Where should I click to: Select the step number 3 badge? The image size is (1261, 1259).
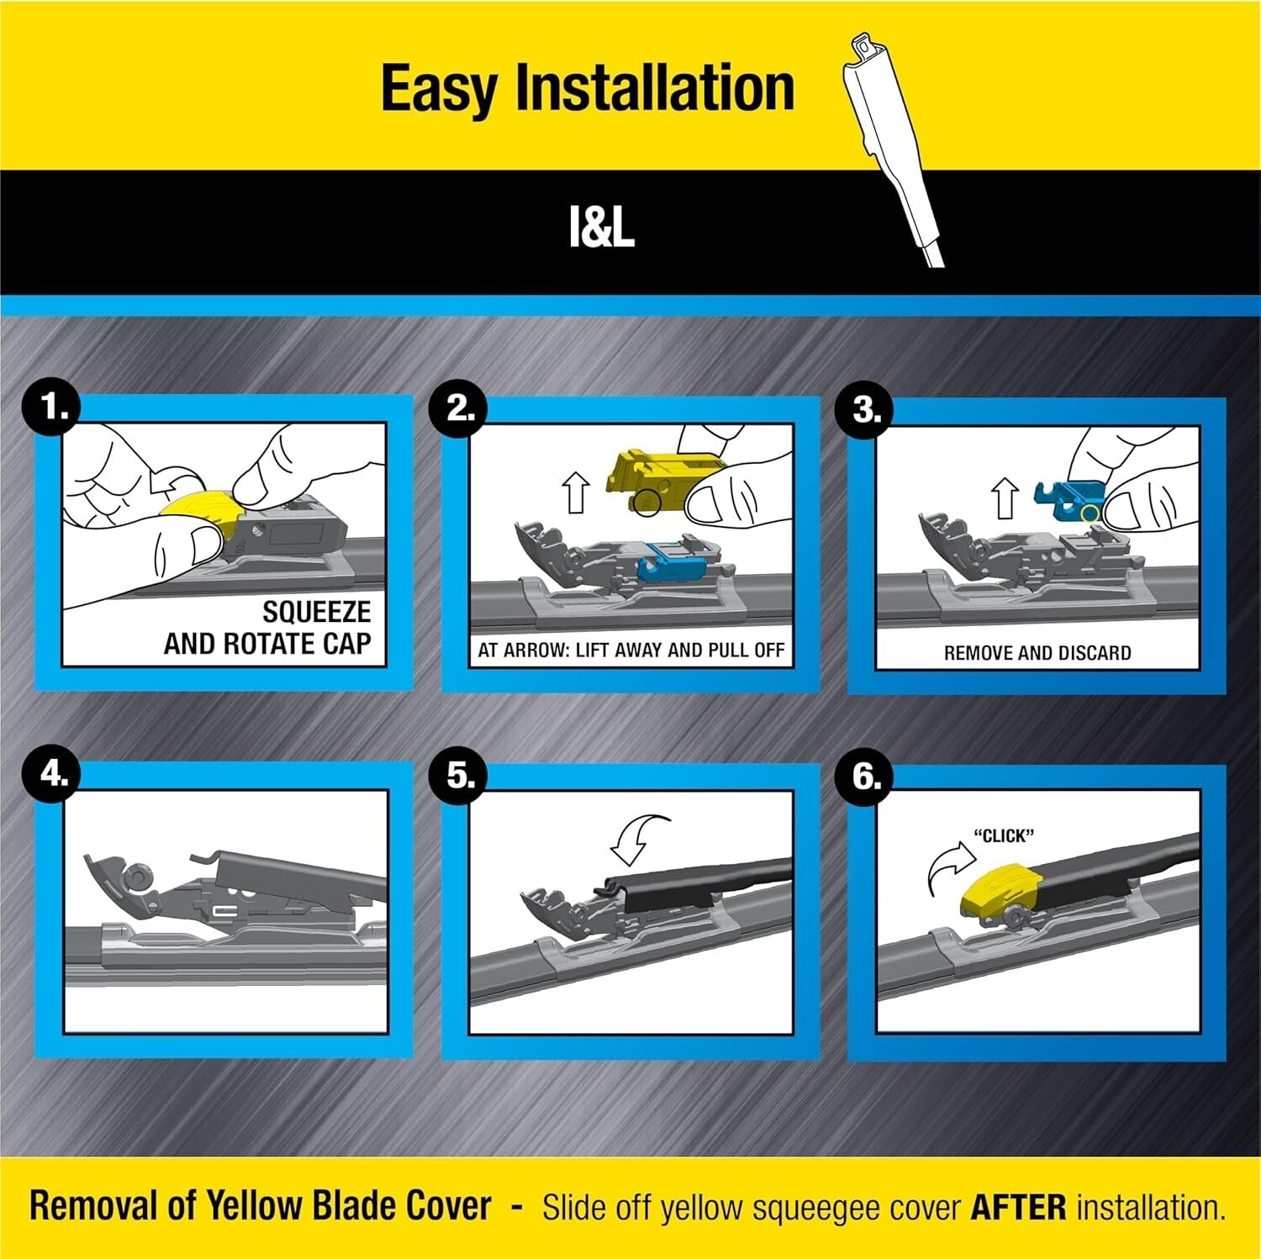pyautogui.click(x=867, y=409)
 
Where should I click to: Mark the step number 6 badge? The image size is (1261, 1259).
pyautogui.click(x=867, y=777)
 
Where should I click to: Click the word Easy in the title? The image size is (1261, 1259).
pyautogui.click(x=439, y=89)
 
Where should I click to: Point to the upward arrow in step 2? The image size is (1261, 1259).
pyautogui.click(x=576, y=493)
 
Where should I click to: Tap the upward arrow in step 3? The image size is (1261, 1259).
pyautogui.click(x=1005, y=498)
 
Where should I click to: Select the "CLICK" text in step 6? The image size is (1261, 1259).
pyautogui.click(x=1003, y=836)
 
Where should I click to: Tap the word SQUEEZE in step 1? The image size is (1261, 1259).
pyautogui.click(x=316, y=612)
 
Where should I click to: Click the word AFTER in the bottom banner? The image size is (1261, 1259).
pyautogui.click(x=1018, y=1208)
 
